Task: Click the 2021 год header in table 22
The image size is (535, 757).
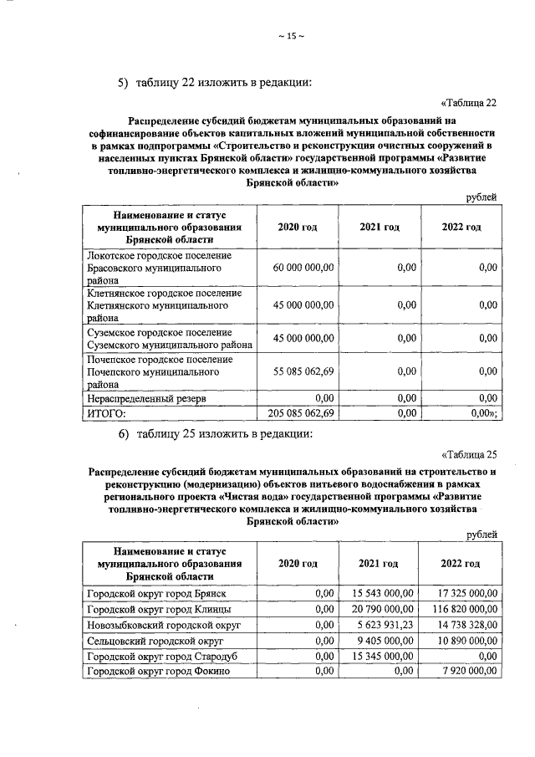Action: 379,227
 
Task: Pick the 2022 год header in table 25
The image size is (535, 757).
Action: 460,564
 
